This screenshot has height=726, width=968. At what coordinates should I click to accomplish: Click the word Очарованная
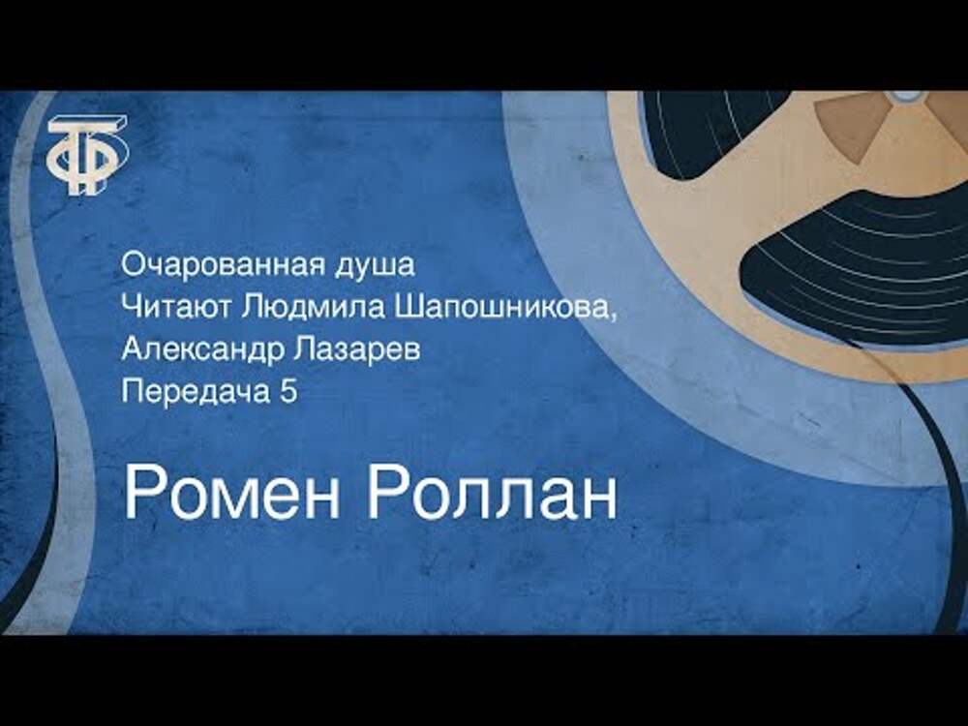(x=223, y=265)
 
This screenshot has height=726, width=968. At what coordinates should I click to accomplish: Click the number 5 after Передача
(x=288, y=392)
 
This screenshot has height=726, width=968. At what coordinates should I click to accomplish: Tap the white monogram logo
(x=88, y=154)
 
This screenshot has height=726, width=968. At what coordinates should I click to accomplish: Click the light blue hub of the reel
(x=906, y=95)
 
